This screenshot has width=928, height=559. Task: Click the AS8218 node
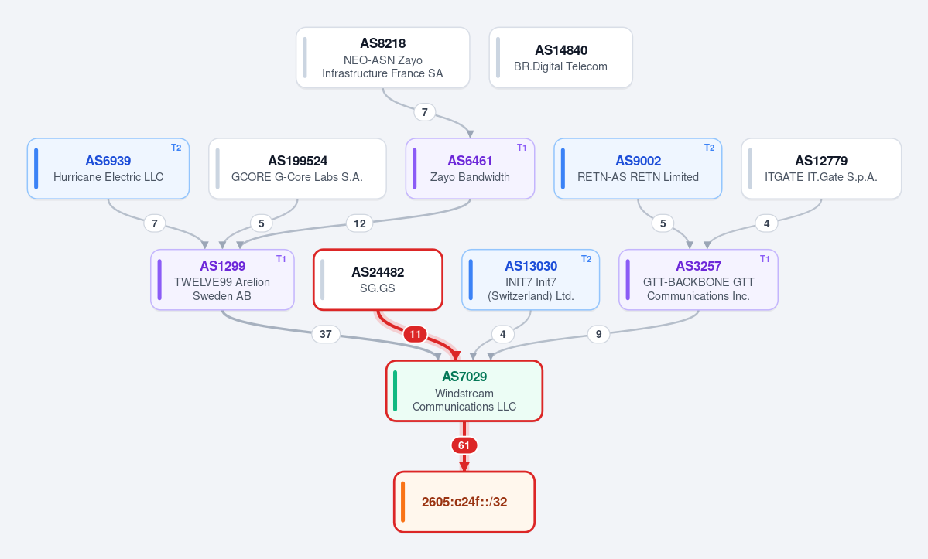383,57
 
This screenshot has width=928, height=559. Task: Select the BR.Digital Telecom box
560,57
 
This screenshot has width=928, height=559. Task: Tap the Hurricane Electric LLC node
108,169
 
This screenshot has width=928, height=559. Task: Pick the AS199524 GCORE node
297,169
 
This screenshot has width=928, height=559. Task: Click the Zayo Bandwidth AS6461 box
470,169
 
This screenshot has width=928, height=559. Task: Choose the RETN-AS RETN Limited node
638,169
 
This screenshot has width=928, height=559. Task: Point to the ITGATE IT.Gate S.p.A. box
821,169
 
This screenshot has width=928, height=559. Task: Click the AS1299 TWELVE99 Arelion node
223,280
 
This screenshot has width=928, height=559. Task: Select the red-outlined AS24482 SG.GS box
378,280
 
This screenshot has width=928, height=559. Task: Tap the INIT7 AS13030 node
531,280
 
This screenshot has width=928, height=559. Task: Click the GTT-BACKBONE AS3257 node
698,280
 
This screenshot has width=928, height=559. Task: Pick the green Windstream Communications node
464,390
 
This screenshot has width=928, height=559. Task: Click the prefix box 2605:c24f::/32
464,502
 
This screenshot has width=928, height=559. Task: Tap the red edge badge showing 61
464,445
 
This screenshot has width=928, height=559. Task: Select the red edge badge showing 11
416,335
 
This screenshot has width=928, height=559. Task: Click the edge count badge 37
326,335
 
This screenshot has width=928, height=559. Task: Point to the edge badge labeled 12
360,223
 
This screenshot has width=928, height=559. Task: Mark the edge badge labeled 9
598,335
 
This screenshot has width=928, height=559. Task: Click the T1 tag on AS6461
522,148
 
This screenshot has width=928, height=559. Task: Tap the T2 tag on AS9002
709,148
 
